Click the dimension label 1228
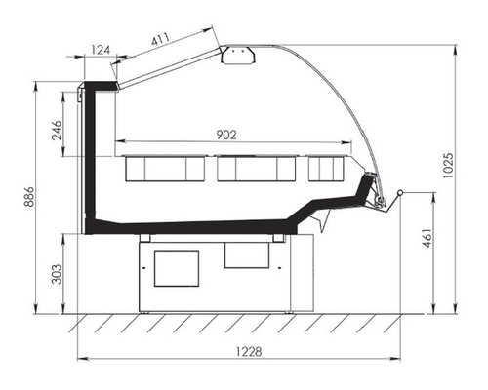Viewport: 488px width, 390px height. (249, 351)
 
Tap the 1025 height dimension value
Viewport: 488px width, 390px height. (448, 165)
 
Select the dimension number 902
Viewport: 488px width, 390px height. (226, 135)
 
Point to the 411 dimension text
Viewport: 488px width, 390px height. (161, 39)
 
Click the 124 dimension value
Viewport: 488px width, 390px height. (101, 50)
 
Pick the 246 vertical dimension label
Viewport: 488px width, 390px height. (57, 130)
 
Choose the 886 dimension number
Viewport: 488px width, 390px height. (28, 197)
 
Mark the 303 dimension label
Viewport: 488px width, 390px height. (57, 274)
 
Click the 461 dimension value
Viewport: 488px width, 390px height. (427, 238)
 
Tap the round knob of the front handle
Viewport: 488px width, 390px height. (400, 193)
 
